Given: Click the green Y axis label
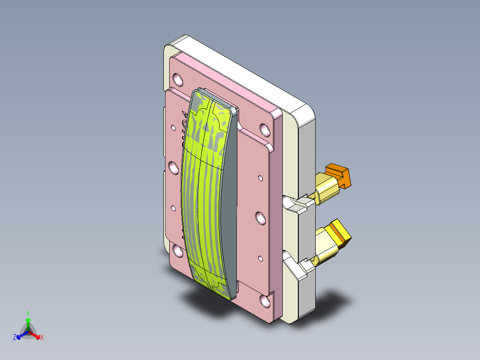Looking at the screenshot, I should point(28,313).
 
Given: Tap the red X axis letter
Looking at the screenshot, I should point(41,338).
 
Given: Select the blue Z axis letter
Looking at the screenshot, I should point(15,338).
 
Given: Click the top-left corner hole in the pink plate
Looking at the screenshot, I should point(178,80).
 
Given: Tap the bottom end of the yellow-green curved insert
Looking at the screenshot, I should point(214,285).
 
